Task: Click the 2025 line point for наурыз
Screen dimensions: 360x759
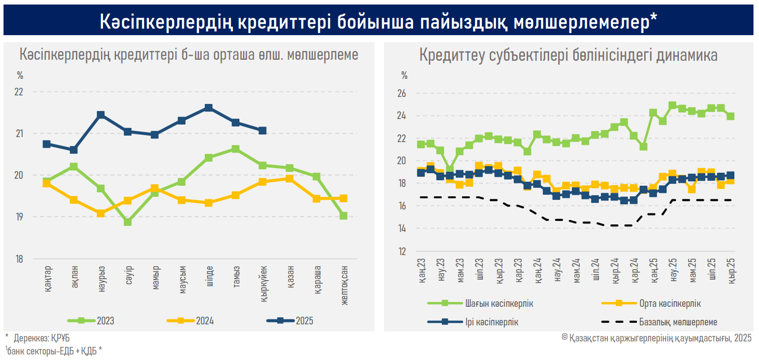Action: tap(100, 115)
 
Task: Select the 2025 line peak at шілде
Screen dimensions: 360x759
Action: tap(208, 107)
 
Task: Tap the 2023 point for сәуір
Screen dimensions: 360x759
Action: tap(128, 221)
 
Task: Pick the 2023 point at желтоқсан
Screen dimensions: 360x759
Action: tap(343, 215)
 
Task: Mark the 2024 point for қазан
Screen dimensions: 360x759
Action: tap(290, 178)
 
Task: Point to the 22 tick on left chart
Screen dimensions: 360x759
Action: tap(20, 92)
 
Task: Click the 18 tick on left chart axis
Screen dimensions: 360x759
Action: tap(20, 259)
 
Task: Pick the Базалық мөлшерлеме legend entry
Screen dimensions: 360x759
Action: tap(678, 322)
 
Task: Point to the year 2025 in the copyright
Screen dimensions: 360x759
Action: tap(742, 337)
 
